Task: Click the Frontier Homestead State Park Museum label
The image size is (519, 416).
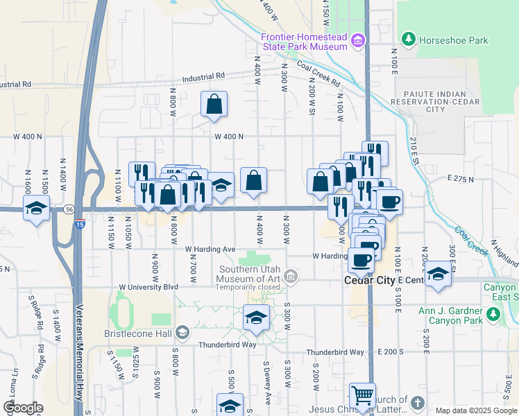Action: [x=303, y=42]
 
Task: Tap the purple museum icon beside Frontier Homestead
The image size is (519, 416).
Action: [x=357, y=41]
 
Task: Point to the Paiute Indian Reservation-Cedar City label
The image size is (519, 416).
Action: [x=436, y=101]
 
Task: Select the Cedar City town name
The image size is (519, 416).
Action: [x=371, y=280]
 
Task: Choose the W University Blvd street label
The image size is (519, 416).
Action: [x=148, y=286]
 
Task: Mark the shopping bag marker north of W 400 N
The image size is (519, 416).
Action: [x=214, y=105]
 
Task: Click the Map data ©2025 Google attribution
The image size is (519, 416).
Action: [x=475, y=410]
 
